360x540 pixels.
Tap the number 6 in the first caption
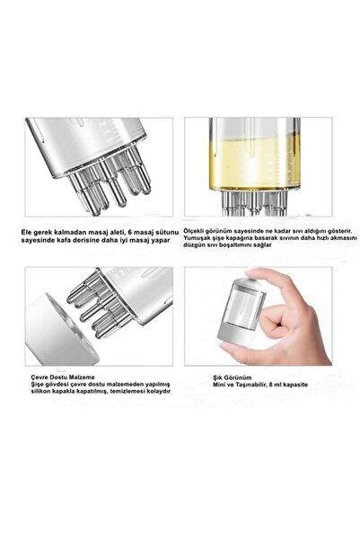[129, 232]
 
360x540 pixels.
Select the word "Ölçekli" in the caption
[194, 231]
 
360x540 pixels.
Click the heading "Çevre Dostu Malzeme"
[63, 377]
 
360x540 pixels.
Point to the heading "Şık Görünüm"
[232, 377]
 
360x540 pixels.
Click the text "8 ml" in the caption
[276, 385]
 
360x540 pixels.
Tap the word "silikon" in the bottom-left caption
[40, 391]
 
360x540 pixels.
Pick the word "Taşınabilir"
[252, 385]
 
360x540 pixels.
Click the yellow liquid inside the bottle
[254, 163]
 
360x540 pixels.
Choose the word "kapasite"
[295, 385]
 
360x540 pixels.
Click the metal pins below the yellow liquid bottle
[254, 203]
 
